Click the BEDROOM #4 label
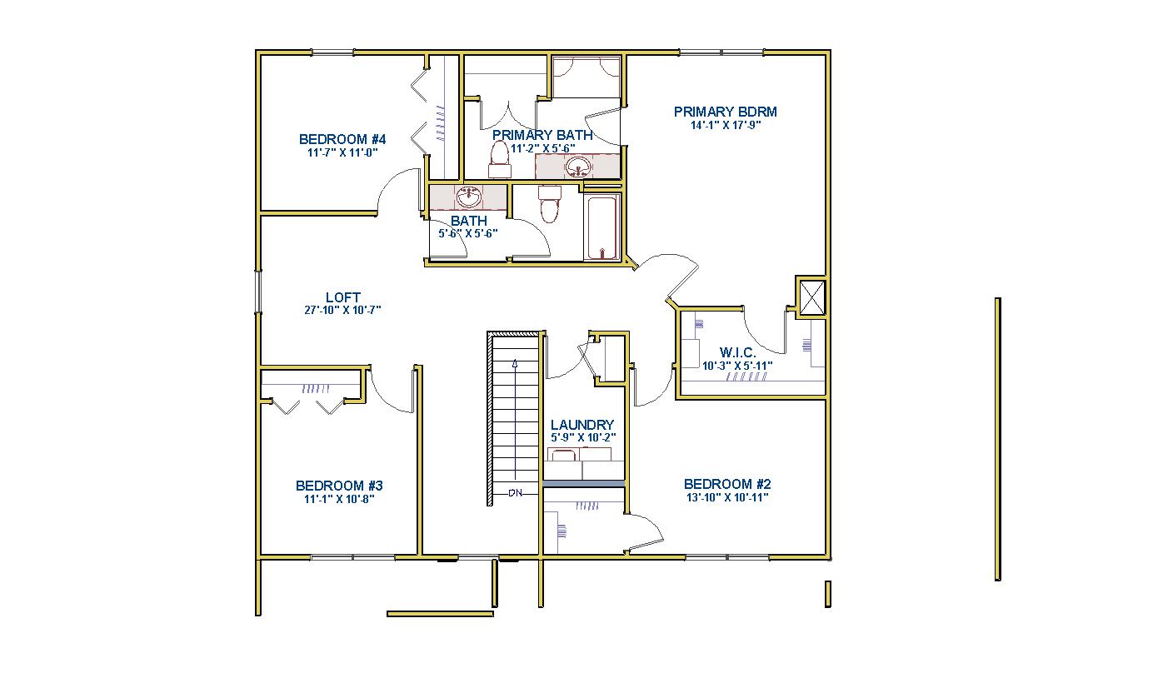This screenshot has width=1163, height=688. tap(342, 139)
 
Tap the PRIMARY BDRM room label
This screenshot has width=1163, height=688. tap(726, 112)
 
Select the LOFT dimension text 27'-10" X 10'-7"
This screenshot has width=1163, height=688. tap(342, 310)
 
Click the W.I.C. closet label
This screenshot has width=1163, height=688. tap(737, 352)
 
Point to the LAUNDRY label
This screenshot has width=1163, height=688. tap(582, 425)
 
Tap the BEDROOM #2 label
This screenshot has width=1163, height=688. tap(727, 484)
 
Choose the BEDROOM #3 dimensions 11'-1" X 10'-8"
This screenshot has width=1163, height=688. tap(340, 499)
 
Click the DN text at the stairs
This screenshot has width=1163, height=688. tap(516, 493)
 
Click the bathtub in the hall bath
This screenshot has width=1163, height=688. tap(602, 227)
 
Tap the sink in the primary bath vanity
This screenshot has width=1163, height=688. tap(578, 167)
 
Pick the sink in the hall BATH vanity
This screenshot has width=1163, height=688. tap(469, 197)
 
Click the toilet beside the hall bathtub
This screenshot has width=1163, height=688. tap(550, 204)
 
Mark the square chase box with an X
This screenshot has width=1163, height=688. tap(811, 297)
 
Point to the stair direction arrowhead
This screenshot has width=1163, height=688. tap(515, 363)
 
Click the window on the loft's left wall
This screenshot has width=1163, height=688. tap(257, 292)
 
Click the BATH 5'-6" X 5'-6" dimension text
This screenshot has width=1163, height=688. tap(468, 234)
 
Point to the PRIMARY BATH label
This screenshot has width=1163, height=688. tap(542, 135)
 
